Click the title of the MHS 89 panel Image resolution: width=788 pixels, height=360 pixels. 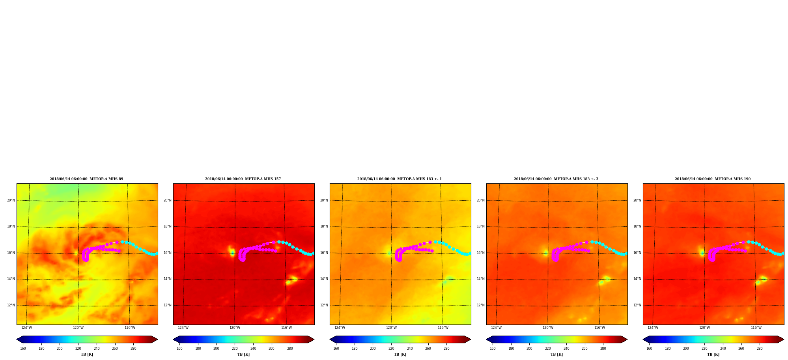(86, 179)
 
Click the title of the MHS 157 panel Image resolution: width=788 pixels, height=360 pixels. (243, 179)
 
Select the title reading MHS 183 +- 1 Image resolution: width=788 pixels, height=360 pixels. (400, 179)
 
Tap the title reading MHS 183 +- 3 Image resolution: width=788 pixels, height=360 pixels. (556, 179)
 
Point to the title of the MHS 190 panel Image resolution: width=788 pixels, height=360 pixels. (713, 179)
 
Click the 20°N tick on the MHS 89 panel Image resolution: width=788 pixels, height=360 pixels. (11, 200)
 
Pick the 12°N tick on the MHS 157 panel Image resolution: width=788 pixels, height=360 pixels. (168, 305)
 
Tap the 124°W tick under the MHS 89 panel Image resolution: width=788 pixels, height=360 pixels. (27, 328)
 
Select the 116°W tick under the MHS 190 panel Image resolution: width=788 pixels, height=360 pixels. (756, 328)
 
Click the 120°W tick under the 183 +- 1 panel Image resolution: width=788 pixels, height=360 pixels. (391, 328)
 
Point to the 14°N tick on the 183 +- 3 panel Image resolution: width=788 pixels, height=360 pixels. (481, 279)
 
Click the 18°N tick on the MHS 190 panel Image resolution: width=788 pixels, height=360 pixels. (637, 226)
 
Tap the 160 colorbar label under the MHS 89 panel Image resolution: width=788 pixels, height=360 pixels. (23, 349)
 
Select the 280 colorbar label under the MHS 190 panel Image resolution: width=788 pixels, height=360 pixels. (760, 349)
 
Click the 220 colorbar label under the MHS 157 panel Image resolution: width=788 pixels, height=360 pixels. (235, 349)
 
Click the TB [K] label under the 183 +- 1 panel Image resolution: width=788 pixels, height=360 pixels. (400, 354)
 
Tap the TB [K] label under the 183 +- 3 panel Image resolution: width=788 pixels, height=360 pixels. (556, 354)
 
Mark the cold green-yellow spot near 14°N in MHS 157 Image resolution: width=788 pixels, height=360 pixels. (291, 280)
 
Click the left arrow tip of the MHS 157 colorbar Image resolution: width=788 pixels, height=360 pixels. (173, 339)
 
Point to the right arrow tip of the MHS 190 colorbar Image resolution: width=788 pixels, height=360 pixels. (784, 339)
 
